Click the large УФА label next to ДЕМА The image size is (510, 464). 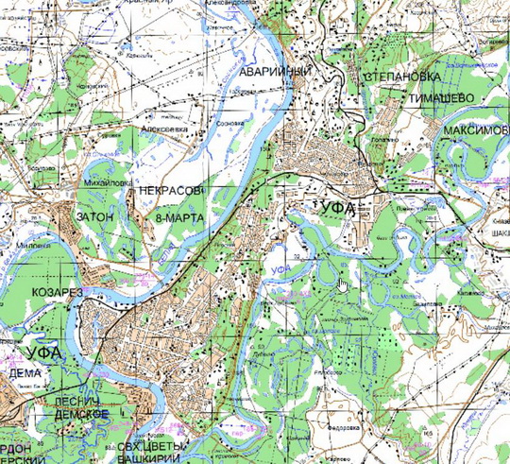(31, 352)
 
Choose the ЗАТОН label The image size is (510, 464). (93, 216)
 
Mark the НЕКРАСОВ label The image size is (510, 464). (171, 191)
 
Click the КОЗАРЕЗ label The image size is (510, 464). (58, 292)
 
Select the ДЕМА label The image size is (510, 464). (25, 372)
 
